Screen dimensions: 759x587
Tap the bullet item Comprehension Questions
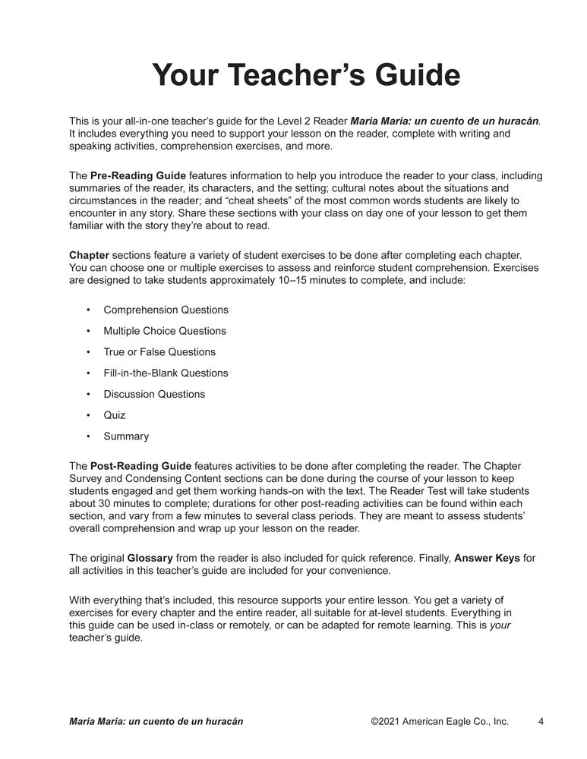(166, 310)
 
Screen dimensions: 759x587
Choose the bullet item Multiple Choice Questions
(165, 331)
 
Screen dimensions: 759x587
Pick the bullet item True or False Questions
(159, 352)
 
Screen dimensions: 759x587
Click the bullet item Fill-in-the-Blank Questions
(166, 373)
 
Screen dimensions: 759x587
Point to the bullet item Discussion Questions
(154, 394)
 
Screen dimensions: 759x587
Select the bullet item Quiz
(115, 415)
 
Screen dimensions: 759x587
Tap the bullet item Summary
(126, 436)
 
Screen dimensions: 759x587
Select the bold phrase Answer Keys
(487, 559)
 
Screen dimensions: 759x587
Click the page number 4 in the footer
(541, 721)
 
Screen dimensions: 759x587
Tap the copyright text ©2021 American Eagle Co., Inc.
(440, 721)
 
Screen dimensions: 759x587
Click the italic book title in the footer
(156, 721)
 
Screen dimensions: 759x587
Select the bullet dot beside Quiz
(88, 416)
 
